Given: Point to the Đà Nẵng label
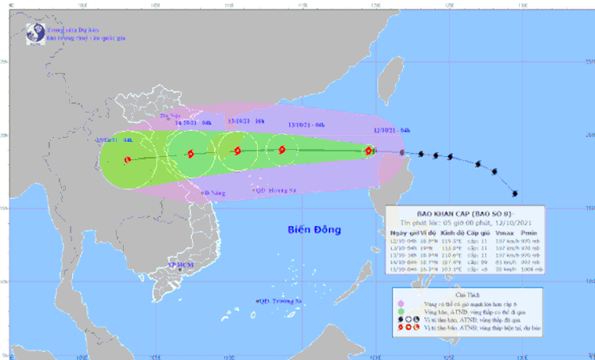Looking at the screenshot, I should (x=213, y=192).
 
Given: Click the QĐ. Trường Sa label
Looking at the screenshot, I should (x=276, y=301).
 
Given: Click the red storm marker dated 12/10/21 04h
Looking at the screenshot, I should (x=368, y=151).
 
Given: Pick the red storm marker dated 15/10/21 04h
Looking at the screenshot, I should (x=128, y=159).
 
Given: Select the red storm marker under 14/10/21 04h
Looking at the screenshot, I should (x=190, y=154).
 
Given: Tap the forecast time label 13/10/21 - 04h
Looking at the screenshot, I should (x=306, y=124).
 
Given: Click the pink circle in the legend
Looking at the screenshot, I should (x=400, y=304).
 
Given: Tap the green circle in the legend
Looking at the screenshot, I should (x=400, y=313).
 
